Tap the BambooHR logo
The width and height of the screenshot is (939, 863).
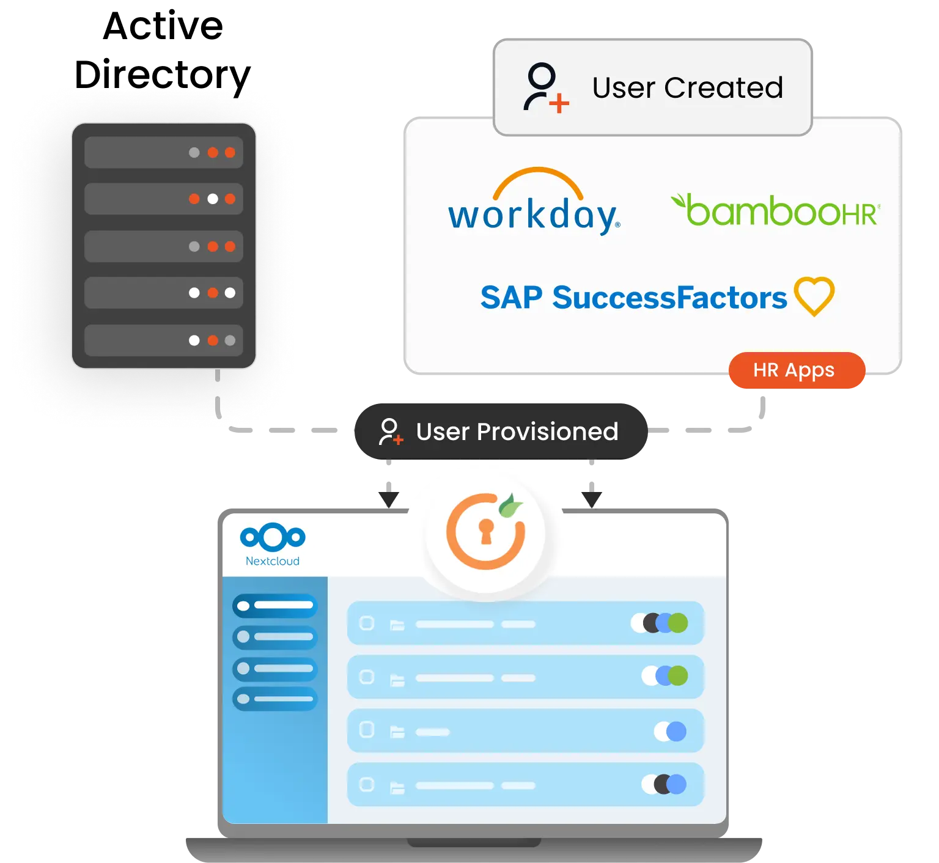click(775, 211)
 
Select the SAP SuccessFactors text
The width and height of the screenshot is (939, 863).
click(633, 298)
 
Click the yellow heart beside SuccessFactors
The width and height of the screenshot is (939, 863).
click(814, 296)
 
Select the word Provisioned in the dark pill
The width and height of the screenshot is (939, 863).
click(547, 431)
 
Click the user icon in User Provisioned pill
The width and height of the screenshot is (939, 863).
click(390, 431)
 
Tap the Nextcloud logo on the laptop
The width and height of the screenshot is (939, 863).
click(273, 543)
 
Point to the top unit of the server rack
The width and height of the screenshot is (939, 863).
click(163, 152)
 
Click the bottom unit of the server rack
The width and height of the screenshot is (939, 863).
click(163, 340)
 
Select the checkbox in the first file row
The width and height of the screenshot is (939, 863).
click(367, 623)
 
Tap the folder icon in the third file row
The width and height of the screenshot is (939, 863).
click(397, 732)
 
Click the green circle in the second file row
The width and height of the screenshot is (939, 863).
click(677, 676)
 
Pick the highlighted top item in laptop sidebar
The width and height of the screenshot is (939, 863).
click(275, 606)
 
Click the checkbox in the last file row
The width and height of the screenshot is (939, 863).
click(367, 785)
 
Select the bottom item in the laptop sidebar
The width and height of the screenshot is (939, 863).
click(275, 699)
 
